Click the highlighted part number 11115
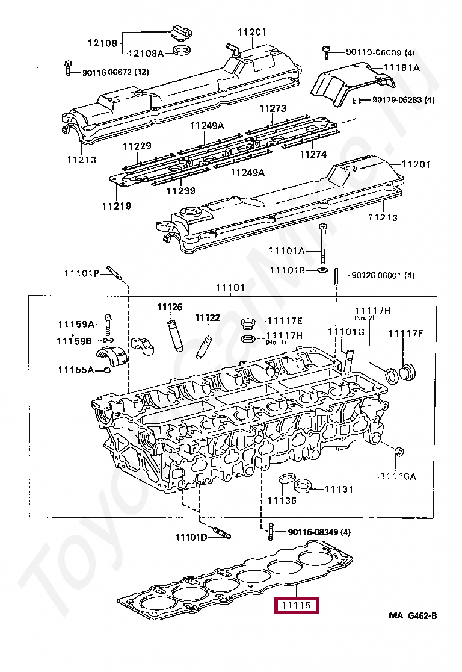(296, 605)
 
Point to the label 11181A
(401, 68)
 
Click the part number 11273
(273, 109)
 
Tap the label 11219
(116, 206)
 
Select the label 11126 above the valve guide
(170, 307)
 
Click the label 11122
(207, 318)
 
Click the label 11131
(339, 490)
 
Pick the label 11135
(282, 500)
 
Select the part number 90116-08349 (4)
(319, 532)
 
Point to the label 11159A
(76, 324)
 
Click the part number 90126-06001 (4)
(383, 276)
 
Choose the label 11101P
(82, 273)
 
